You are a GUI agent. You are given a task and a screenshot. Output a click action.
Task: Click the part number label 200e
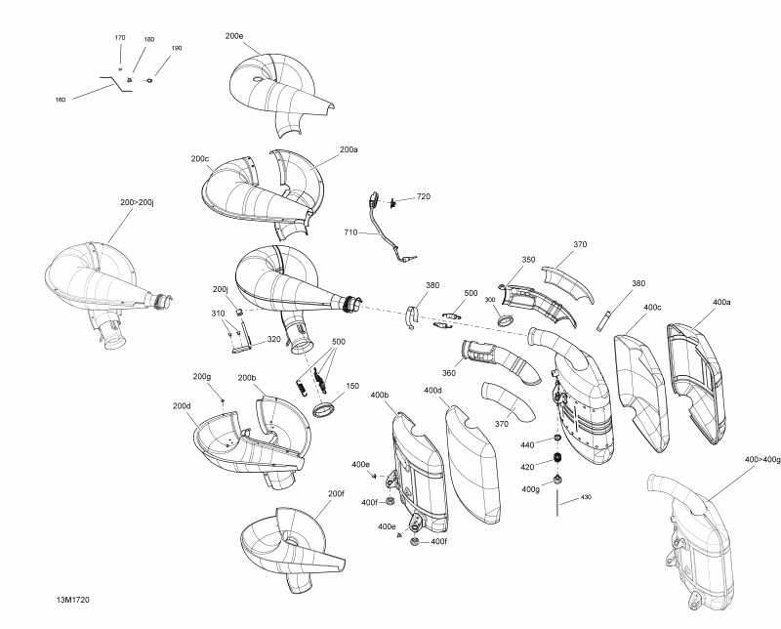click(x=234, y=36)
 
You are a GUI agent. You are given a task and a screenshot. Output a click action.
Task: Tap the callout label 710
click(x=349, y=232)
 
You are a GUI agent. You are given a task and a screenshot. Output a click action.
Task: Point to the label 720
click(x=423, y=197)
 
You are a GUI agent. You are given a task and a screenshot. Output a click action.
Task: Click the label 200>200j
click(x=139, y=202)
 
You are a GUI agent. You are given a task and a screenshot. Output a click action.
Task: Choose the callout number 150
click(x=351, y=386)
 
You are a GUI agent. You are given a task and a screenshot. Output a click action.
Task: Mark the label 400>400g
click(x=762, y=459)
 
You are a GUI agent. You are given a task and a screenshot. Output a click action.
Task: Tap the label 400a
click(x=721, y=302)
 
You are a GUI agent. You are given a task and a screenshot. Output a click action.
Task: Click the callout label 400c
click(x=652, y=307)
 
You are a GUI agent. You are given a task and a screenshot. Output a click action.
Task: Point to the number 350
click(x=528, y=260)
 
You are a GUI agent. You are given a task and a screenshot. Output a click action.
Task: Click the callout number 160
click(x=61, y=100)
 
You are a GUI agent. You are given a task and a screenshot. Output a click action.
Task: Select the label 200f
click(x=336, y=493)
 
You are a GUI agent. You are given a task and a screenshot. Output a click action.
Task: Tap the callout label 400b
click(x=381, y=395)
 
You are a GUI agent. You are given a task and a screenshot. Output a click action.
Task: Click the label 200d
click(x=182, y=405)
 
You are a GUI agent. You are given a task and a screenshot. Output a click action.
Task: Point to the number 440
click(x=527, y=445)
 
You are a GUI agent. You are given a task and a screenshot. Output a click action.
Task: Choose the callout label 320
click(x=274, y=340)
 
